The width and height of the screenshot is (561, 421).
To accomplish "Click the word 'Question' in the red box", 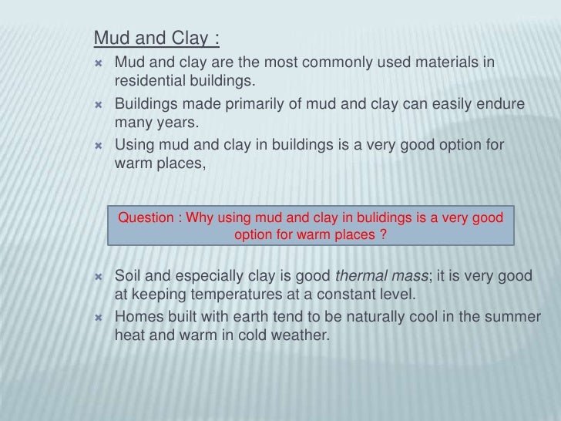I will (x=146, y=218).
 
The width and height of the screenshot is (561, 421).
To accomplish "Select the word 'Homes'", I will (x=136, y=318).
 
